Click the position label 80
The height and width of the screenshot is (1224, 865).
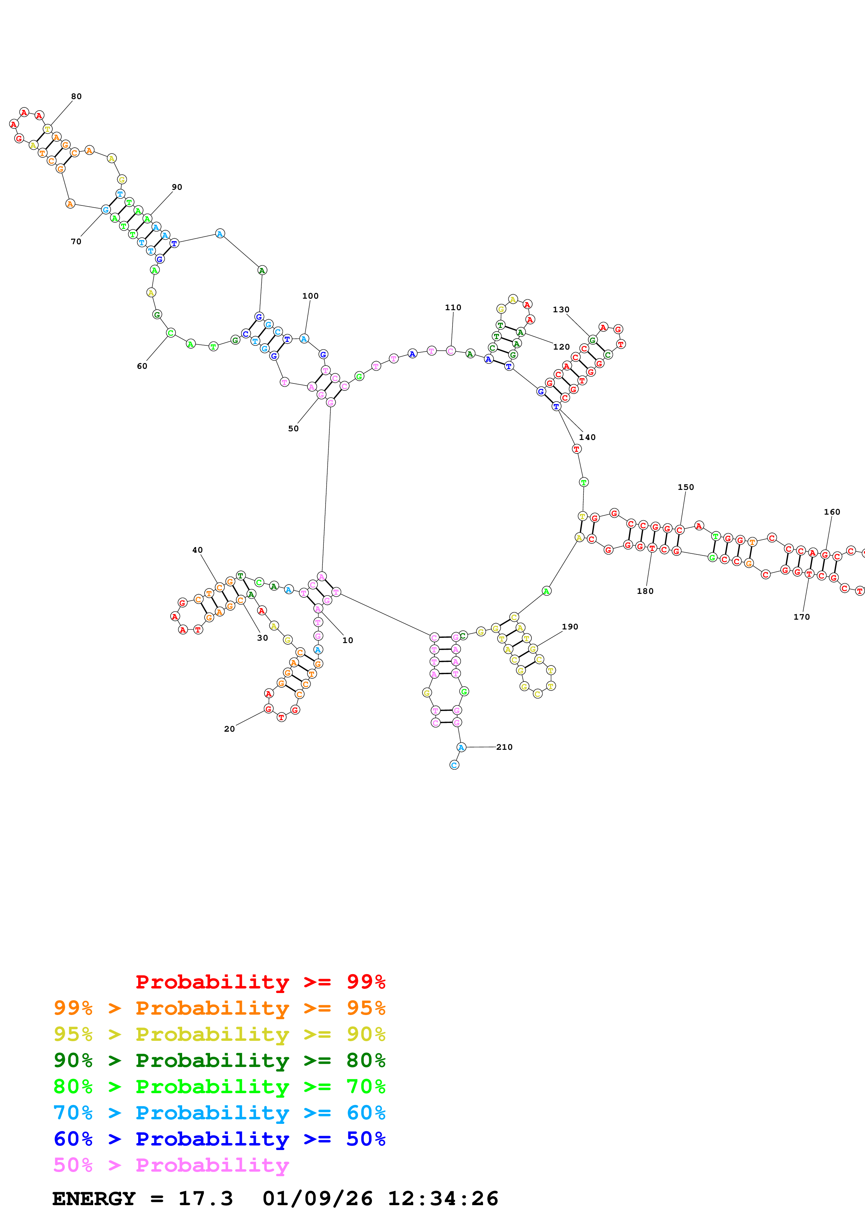(76, 97)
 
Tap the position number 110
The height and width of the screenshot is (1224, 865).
(453, 308)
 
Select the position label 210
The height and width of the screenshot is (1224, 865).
(504, 747)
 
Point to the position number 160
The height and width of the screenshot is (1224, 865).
(832, 512)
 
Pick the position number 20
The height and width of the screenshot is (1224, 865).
(229, 729)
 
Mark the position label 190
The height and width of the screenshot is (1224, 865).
(570, 626)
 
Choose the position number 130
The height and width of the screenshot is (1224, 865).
(561, 310)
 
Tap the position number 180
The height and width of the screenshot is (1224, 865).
(645, 591)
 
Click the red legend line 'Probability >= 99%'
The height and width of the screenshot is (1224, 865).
(260, 982)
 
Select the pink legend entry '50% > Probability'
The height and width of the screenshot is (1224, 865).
(171, 1165)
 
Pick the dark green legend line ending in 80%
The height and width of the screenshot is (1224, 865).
(219, 1060)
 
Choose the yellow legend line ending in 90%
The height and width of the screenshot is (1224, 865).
(219, 1034)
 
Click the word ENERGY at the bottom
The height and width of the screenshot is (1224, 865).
(94, 1199)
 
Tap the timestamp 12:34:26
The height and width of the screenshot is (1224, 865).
(442, 1199)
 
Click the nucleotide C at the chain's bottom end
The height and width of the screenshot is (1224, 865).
(454, 765)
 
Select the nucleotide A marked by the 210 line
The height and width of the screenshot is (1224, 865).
(461, 747)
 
